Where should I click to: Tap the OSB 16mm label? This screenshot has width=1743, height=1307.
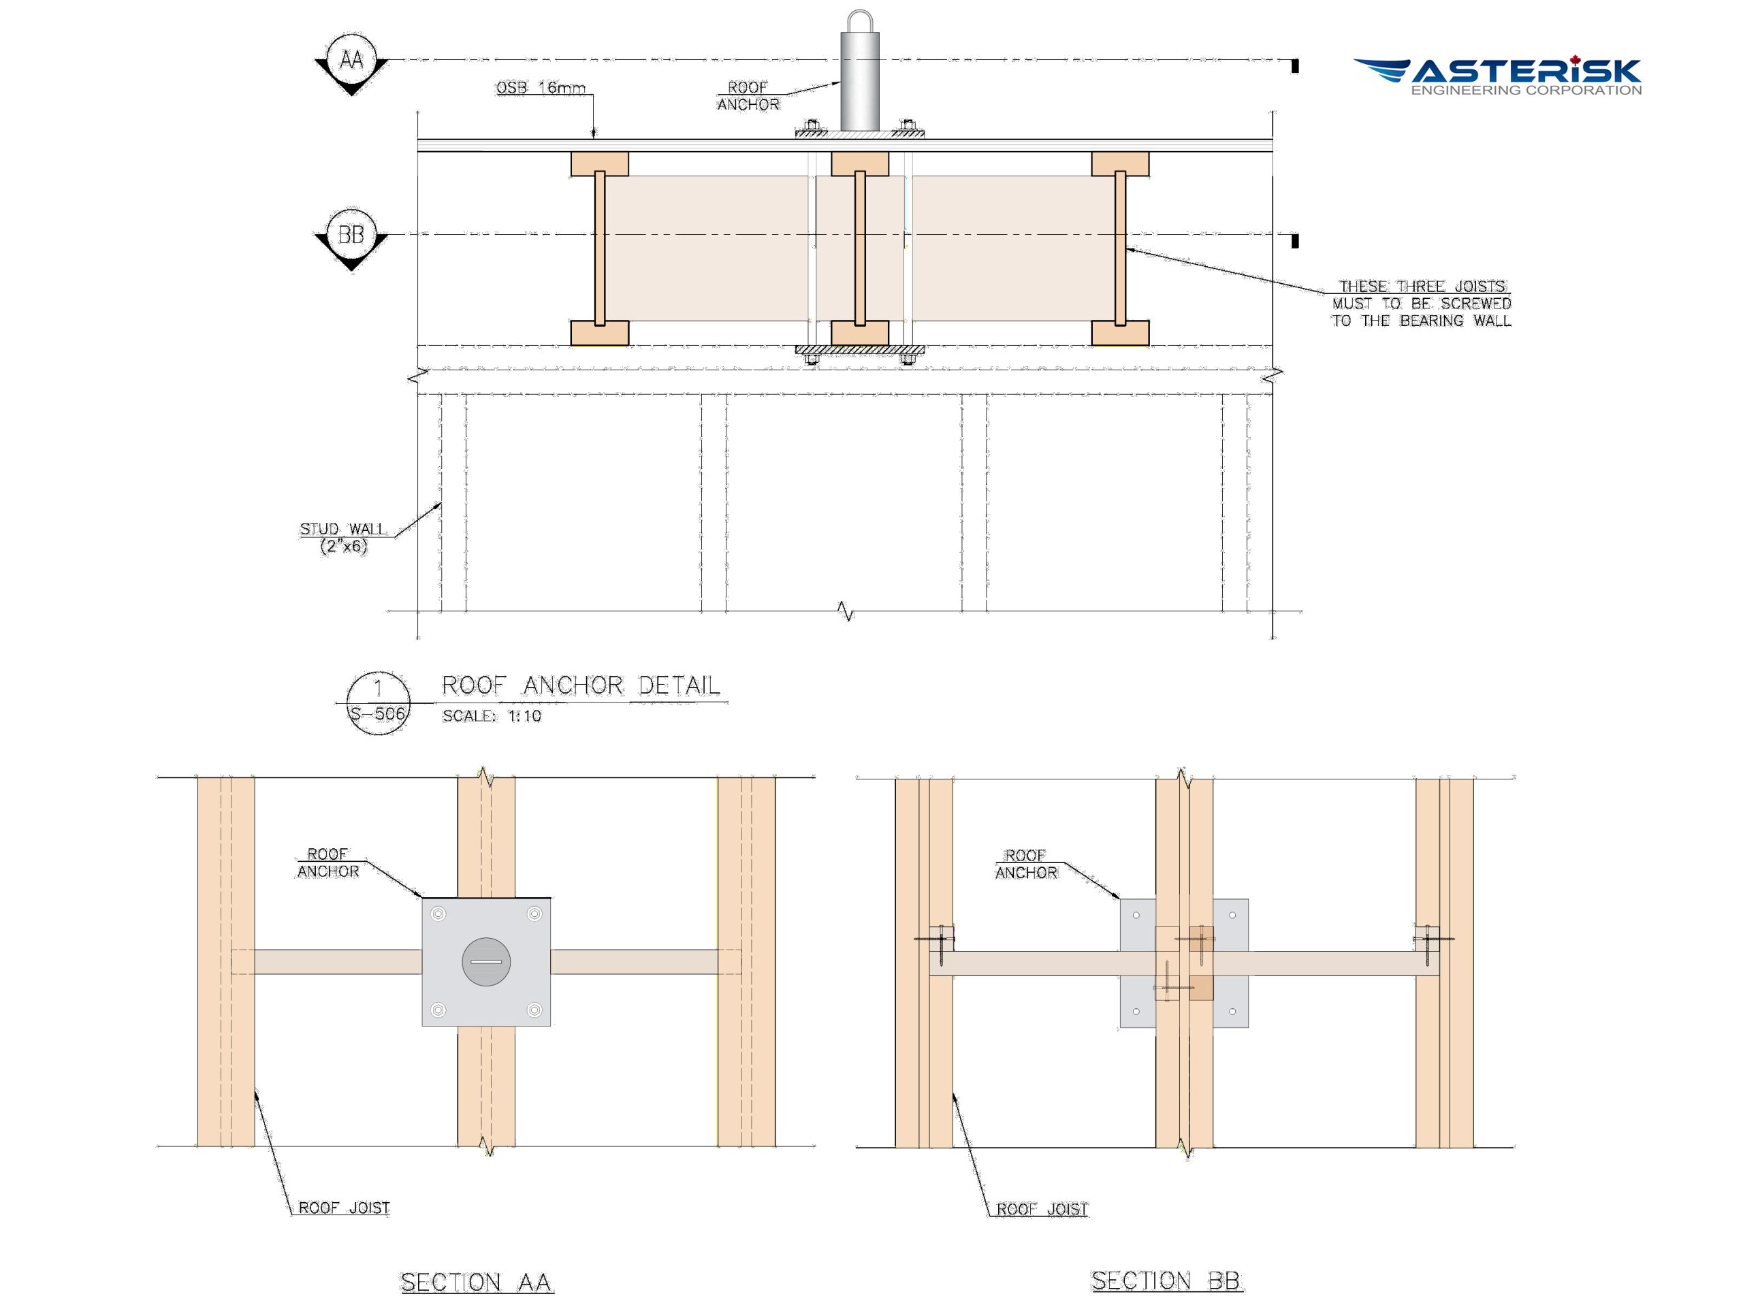(x=541, y=87)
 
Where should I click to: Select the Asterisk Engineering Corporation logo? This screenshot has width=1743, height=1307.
(x=1498, y=76)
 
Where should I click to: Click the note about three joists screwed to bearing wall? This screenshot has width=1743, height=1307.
(x=1422, y=304)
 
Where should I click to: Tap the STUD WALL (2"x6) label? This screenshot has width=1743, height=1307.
(x=344, y=537)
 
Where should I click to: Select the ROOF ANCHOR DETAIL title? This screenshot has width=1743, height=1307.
(x=581, y=685)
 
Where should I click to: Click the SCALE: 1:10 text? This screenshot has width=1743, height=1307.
(x=492, y=716)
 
